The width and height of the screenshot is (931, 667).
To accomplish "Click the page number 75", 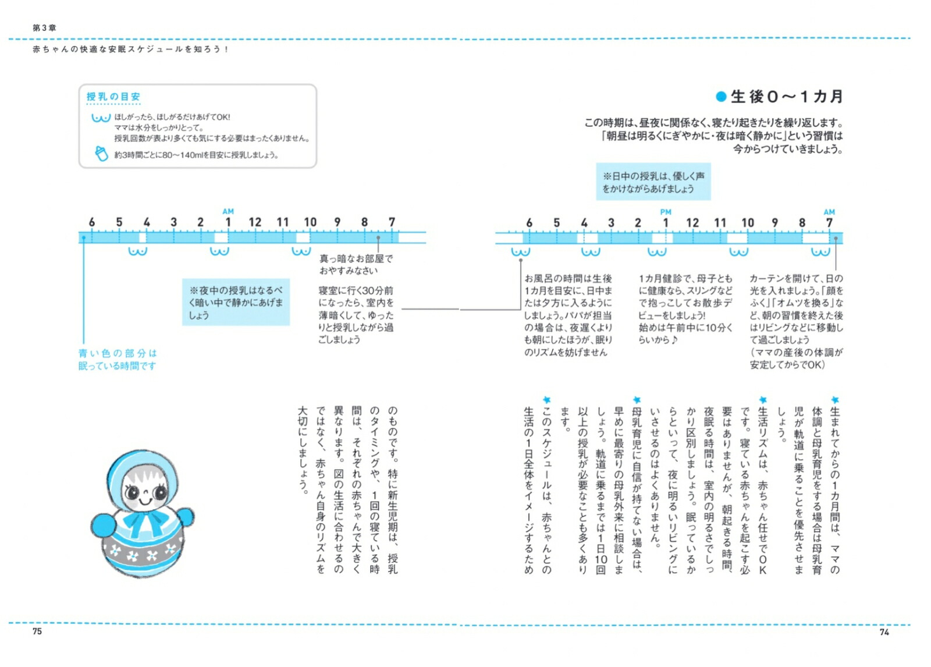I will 37,631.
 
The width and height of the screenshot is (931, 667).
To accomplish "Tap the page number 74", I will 884,631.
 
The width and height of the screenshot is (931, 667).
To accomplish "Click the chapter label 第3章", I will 44,27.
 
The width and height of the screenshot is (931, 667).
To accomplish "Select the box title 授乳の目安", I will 113,97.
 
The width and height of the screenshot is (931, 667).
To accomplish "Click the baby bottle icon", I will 101,154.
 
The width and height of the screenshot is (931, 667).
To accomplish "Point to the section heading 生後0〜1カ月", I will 786,97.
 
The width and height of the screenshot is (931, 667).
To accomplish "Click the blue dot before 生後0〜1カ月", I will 721,97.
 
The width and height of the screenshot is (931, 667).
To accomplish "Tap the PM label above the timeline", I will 666,212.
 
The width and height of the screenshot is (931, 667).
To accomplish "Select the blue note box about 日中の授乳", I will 653,182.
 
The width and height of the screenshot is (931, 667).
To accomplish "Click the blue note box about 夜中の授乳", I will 236,302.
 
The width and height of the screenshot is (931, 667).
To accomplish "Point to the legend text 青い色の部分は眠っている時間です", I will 118,359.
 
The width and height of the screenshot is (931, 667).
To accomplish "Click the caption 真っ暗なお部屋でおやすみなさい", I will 356,264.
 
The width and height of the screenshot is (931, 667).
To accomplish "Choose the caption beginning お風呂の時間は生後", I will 568,315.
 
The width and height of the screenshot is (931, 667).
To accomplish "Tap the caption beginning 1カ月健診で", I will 685,308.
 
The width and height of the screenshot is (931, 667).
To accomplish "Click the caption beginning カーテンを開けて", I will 796,321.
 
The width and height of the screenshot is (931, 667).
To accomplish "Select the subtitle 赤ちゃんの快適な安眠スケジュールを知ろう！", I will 131,49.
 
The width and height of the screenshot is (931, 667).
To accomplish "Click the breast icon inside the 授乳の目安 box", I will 100,118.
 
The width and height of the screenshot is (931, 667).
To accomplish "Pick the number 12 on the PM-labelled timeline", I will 692,223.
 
